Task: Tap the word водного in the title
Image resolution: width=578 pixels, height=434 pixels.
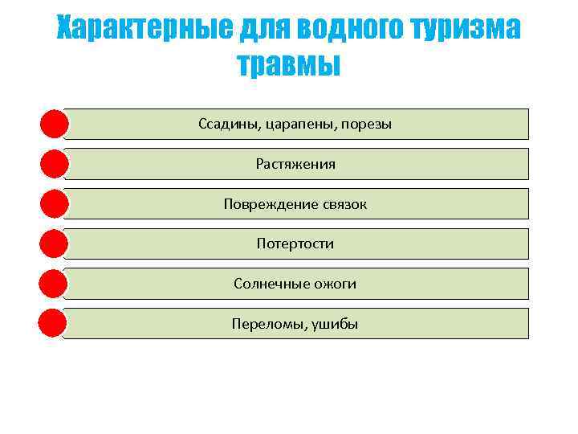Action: click(348, 30)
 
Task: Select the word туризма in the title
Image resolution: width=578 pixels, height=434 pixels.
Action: click(466, 30)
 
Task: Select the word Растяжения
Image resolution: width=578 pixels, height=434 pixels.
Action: click(295, 164)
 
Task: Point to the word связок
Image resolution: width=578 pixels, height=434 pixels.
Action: click(340, 204)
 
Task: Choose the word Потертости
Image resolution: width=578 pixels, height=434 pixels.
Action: click(295, 244)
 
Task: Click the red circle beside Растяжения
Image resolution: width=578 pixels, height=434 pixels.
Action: click(53, 164)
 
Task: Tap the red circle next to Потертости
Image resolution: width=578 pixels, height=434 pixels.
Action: click(53, 244)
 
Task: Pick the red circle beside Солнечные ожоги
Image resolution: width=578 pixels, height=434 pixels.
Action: click(53, 284)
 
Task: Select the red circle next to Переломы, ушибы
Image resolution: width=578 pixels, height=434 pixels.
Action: click(53, 323)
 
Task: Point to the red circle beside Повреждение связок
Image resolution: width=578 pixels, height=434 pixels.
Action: click(53, 204)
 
